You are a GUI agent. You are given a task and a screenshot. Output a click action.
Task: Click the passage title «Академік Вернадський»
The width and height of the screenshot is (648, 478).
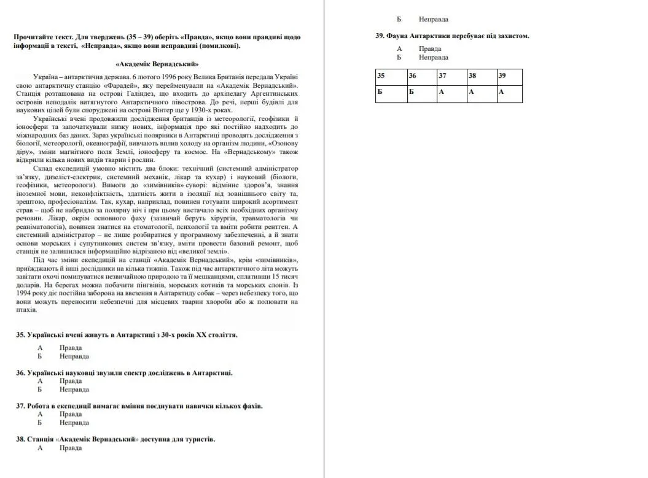click(x=157, y=64)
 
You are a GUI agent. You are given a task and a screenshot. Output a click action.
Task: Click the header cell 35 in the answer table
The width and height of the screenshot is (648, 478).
click(x=391, y=76)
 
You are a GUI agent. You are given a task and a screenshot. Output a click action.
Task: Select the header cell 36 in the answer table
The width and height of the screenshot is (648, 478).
click(x=421, y=76)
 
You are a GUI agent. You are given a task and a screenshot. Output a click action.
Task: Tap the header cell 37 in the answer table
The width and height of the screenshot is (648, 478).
click(x=451, y=76)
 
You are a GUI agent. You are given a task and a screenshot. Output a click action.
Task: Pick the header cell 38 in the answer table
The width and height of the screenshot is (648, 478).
click(x=482, y=76)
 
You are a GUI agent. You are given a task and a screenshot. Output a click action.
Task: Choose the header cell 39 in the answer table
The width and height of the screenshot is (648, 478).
click(x=510, y=76)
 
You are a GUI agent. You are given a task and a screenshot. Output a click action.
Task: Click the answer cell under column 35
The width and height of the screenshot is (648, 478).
click(x=391, y=93)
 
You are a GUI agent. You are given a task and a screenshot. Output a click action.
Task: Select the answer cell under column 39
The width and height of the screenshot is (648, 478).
click(x=510, y=93)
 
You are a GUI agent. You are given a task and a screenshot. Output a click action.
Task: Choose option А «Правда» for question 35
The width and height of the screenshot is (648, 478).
click(x=70, y=348)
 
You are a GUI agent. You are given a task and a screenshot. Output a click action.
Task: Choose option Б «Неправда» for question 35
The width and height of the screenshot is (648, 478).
click(x=74, y=357)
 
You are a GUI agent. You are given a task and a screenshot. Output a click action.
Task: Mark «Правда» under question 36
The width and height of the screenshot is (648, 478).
click(x=70, y=381)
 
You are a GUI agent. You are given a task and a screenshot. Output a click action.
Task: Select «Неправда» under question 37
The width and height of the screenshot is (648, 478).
click(x=74, y=423)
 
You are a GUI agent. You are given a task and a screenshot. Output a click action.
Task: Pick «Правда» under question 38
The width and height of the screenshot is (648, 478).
click(x=70, y=448)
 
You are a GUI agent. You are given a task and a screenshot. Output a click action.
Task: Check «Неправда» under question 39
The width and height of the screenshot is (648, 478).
click(x=434, y=57)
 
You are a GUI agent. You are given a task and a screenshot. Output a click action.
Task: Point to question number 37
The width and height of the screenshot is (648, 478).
click(x=20, y=406)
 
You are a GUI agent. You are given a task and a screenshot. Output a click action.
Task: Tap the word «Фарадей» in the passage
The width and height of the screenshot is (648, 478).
click(x=120, y=85)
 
